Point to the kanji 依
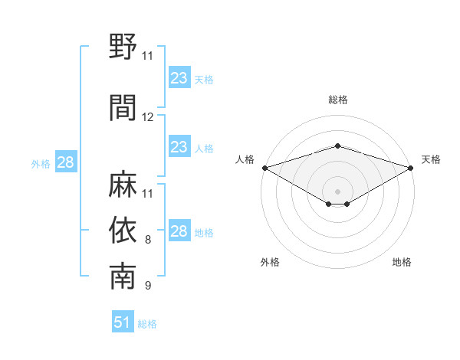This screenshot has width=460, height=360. pyautogui.click(x=123, y=231)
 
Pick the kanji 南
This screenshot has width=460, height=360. pyautogui.click(x=123, y=277)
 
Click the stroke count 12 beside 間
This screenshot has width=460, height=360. pyautogui.click(x=148, y=117)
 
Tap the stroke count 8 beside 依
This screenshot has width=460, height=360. pyautogui.click(x=148, y=240)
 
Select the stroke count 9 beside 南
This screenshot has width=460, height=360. pyautogui.click(x=148, y=286)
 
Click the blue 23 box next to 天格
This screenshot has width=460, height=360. pyautogui.click(x=179, y=78)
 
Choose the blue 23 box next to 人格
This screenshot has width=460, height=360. pyautogui.click(x=179, y=147)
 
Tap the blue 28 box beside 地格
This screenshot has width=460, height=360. pyautogui.click(x=179, y=232)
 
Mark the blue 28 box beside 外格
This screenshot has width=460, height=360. pyautogui.click(x=65, y=162)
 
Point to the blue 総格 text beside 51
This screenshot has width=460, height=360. pyautogui.click(x=147, y=324)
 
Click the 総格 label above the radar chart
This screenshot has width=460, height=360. pyautogui.click(x=337, y=100)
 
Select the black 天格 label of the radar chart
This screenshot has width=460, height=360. pyautogui.click(x=431, y=159)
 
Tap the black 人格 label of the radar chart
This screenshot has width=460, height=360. pyautogui.click(x=245, y=159)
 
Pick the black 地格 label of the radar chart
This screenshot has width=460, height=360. pyautogui.click(x=402, y=262)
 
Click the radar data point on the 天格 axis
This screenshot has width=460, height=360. pyautogui.click(x=411, y=167)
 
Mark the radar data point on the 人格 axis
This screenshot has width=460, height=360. pyautogui.click(x=264, y=167)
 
